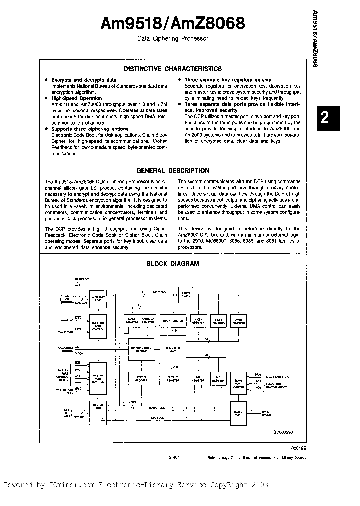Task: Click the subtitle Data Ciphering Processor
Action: (172, 38)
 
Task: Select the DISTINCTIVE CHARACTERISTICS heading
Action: (173, 69)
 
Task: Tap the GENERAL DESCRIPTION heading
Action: (173, 170)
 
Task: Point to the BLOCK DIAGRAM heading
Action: (172, 263)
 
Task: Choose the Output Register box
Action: (173, 379)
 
